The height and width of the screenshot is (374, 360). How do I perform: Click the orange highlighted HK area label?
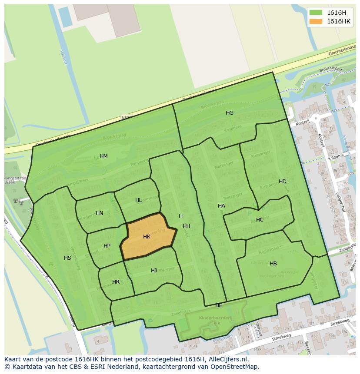[147, 237]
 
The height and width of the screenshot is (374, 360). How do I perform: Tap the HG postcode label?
[230, 113]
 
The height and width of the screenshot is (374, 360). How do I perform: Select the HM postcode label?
[103, 156]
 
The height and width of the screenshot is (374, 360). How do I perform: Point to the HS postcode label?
[67, 258]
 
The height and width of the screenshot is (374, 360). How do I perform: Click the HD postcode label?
[283, 182]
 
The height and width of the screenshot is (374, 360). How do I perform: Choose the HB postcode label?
[273, 264]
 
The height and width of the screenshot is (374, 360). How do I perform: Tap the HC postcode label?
[260, 220]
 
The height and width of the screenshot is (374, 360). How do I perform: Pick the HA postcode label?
[221, 206]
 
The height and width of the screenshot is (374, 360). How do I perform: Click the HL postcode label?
[138, 200]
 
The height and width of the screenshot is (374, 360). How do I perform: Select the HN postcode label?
[100, 213]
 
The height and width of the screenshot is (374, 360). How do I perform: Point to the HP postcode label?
[107, 246]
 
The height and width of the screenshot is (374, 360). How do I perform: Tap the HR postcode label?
[116, 282]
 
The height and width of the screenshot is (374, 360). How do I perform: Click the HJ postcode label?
[154, 271]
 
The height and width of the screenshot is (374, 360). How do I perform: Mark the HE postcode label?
[219, 306]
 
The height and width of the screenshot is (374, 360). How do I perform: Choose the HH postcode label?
[187, 226]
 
